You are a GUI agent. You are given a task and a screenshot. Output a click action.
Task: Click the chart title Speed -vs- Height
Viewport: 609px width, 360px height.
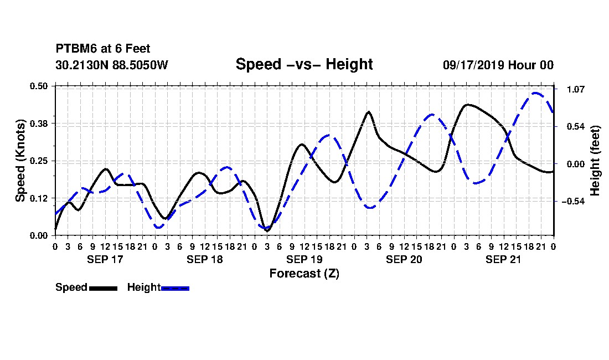click(x=304, y=64)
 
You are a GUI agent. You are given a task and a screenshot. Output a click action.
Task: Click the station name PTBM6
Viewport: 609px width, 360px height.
click(x=76, y=49)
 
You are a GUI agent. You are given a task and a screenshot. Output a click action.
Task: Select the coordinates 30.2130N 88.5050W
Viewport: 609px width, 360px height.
click(x=112, y=65)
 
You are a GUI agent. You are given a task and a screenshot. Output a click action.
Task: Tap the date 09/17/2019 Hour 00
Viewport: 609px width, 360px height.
click(x=498, y=65)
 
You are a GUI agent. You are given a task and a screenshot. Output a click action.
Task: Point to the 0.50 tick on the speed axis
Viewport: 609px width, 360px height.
click(x=39, y=86)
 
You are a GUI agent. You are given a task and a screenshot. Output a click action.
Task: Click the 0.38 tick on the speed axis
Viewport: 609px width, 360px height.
click(x=39, y=124)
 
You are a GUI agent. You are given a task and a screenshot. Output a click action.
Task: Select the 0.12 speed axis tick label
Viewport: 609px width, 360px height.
click(x=39, y=198)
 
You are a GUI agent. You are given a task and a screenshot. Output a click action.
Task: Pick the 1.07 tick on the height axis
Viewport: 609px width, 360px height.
click(x=576, y=89)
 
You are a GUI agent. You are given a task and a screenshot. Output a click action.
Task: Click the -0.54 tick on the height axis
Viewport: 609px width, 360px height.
click(x=573, y=201)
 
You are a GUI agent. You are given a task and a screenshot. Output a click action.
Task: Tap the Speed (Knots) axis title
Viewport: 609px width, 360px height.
click(x=20, y=161)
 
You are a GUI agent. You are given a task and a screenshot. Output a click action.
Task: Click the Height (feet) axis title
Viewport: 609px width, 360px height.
click(x=595, y=161)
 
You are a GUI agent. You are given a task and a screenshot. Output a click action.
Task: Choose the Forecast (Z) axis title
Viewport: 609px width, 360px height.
click(x=304, y=274)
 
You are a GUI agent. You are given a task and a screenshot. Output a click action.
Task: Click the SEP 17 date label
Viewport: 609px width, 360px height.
click(x=105, y=259)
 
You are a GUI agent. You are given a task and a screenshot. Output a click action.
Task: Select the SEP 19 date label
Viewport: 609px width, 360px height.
click(x=304, y=259)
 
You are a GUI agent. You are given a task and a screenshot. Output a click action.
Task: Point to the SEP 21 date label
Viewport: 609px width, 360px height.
click(x=503, y=259)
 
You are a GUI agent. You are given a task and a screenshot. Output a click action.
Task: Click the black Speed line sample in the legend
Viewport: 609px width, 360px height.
click(x=104, y=288)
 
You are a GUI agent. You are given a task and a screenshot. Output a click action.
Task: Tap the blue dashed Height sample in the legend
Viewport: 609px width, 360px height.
click(x=175, y=288)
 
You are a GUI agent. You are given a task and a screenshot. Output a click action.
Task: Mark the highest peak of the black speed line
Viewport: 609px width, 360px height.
click(x=468, y=105)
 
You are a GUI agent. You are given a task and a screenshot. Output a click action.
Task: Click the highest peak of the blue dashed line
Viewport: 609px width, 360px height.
click(x=536, y=93)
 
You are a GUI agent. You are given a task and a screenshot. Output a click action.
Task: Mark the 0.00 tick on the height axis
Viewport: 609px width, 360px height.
click(x=576, y=164)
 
